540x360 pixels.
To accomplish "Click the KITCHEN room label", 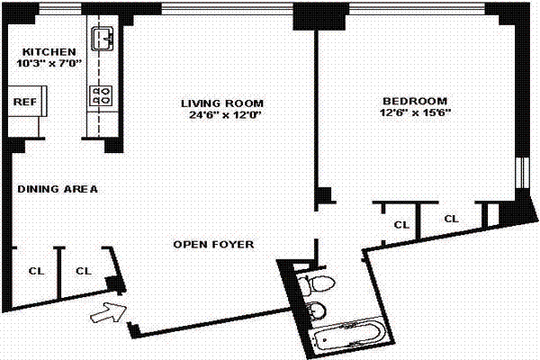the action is (x=49, y=52).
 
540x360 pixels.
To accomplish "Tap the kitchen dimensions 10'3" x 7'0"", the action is (x=49, y=63).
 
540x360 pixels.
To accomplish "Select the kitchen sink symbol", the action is (x=103, y=39).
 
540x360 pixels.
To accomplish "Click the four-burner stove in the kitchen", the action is (x=101, y=95).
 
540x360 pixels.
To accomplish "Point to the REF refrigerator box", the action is (x=27, y=102).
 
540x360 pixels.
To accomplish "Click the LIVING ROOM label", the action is (x=222, y=103).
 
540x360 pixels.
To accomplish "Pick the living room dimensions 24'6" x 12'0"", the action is (x=226, y=114).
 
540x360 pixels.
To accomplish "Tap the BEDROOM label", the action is (x=415, y=102).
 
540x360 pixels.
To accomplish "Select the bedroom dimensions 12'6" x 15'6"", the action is (x=415, y=112).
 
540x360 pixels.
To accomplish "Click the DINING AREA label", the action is (x=58, y=189).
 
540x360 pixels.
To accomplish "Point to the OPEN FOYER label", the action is (x=213, y=245).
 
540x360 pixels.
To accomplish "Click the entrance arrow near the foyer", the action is (x=109, y=312).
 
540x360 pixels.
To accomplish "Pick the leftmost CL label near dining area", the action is (x=36, y=271).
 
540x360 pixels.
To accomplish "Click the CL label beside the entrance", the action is (x=84, y=271).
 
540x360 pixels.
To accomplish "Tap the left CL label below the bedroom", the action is (x=401, y=225).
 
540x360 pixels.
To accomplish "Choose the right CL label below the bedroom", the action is (x=451, y=219).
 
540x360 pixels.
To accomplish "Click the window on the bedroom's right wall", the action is (x=523, y=173).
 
